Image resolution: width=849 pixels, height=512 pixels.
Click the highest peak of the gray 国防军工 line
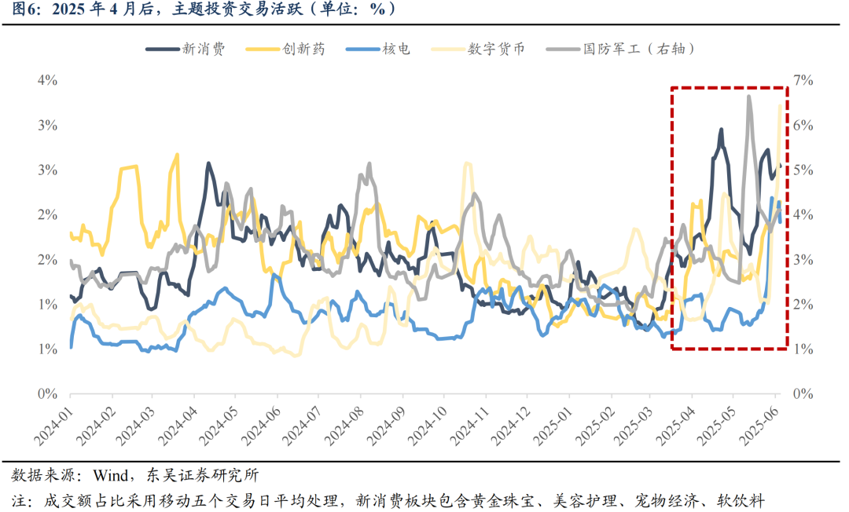coord(748,96)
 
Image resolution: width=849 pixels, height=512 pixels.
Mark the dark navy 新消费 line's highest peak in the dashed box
coord(721,130)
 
